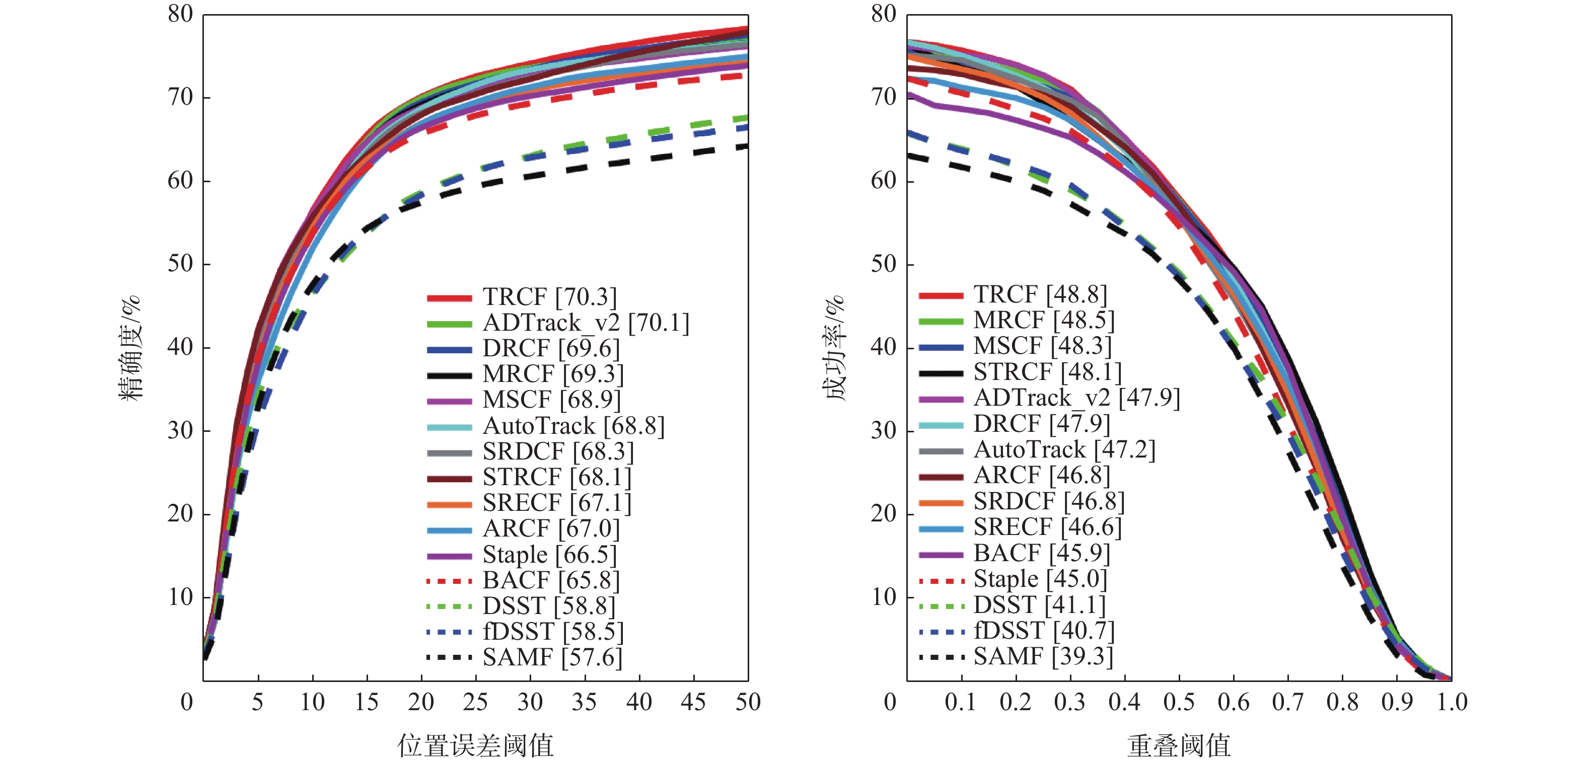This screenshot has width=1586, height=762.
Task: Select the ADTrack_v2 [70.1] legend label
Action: point(586,323)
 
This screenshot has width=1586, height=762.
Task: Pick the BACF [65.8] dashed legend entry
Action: point(551,580)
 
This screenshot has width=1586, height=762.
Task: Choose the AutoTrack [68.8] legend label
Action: point(573,426)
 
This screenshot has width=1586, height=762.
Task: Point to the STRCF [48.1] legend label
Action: point(1047,372)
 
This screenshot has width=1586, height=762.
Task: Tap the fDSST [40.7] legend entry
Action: point(1044,630)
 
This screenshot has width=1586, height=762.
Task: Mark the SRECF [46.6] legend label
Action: point(1047,527)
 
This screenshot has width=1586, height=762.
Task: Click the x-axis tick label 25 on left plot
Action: point(475,702)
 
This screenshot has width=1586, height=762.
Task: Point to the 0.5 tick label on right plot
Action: point(1179,702)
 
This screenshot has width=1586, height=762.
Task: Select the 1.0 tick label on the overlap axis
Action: point(1452,702)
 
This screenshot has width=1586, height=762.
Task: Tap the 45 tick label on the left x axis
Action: point(693,702)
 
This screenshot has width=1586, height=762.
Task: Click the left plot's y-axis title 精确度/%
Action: point(130,348)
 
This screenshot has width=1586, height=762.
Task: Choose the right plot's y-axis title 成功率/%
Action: point(835,348)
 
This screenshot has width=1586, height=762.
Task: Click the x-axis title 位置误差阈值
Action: point(475,745)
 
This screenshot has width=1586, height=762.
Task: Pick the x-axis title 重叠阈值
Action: point(1179,745)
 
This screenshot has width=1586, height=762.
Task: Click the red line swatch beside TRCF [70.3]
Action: point(450,298)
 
